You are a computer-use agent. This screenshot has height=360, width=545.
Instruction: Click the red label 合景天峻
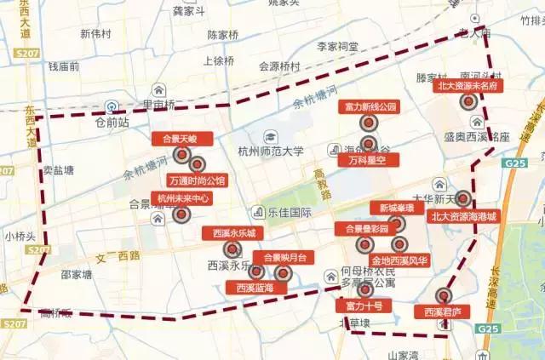pyautogui.click(x=174, y=138)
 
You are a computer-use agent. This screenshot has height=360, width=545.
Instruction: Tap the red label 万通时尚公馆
pyautogui.click(x=197, y=180)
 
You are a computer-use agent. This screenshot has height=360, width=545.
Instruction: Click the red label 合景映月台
pyautogui.click(x=284, y=257)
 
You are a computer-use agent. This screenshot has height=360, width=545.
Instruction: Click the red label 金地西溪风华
pyautogui.click(x=399, y=260)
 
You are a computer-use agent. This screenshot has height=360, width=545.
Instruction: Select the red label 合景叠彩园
pyautogui.click(x=366, y=228)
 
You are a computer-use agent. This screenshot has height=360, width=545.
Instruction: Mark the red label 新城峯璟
pyautogui.click(x=397, y=208)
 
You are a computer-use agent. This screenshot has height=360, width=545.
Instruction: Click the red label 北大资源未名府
pyautogui.click(x=467, y=85)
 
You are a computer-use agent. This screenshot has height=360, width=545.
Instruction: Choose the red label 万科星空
pyautogui.click(x=367, y=159)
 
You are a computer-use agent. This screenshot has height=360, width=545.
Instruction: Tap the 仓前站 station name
pyautogui.click(x=112, y=122)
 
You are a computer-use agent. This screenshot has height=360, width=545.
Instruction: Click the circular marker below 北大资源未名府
pyautogui.click(x=467, y=101)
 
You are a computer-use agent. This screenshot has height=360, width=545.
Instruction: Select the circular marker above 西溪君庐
pyautogui.click(x=442, y=296)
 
